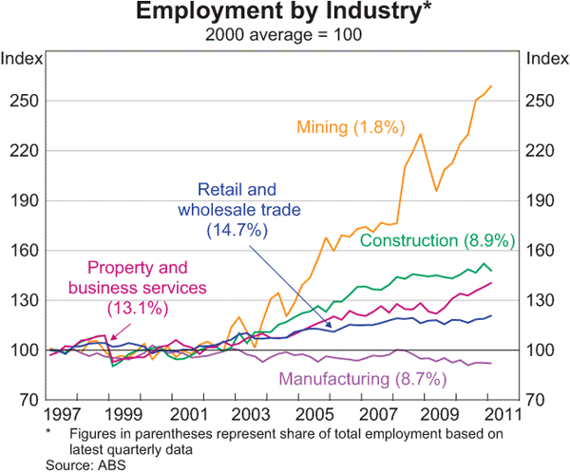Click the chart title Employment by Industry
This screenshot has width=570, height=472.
[284, 13]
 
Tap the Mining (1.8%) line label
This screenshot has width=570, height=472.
[351, 126]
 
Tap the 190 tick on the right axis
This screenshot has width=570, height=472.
[541, 200]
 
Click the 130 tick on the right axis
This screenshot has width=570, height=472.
[541, 300]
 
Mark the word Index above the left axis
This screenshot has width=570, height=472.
[22, 58]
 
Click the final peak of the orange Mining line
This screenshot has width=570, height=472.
[491, 86]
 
